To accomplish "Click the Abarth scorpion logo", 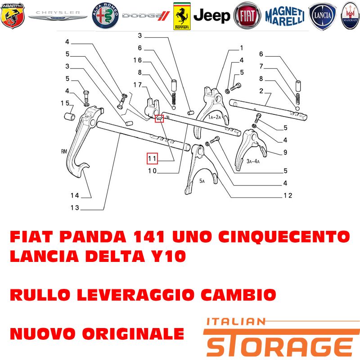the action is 13,16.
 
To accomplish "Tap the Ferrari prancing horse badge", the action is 182,16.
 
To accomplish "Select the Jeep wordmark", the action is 211,16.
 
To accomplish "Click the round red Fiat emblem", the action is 247,16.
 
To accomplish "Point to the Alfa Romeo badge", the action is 105,16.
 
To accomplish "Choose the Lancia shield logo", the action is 322,16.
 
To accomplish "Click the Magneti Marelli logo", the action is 285,16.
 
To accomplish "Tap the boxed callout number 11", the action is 152,158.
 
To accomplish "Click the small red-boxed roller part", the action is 159,118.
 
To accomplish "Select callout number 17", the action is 138,85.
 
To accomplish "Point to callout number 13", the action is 75,207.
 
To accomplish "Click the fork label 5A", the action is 202,181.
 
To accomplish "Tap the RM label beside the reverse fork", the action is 64,151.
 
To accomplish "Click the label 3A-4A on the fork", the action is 253,162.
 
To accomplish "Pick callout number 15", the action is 65,103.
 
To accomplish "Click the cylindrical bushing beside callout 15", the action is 69,116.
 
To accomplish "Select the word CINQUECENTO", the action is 284,237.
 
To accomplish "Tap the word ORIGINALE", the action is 133,333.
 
